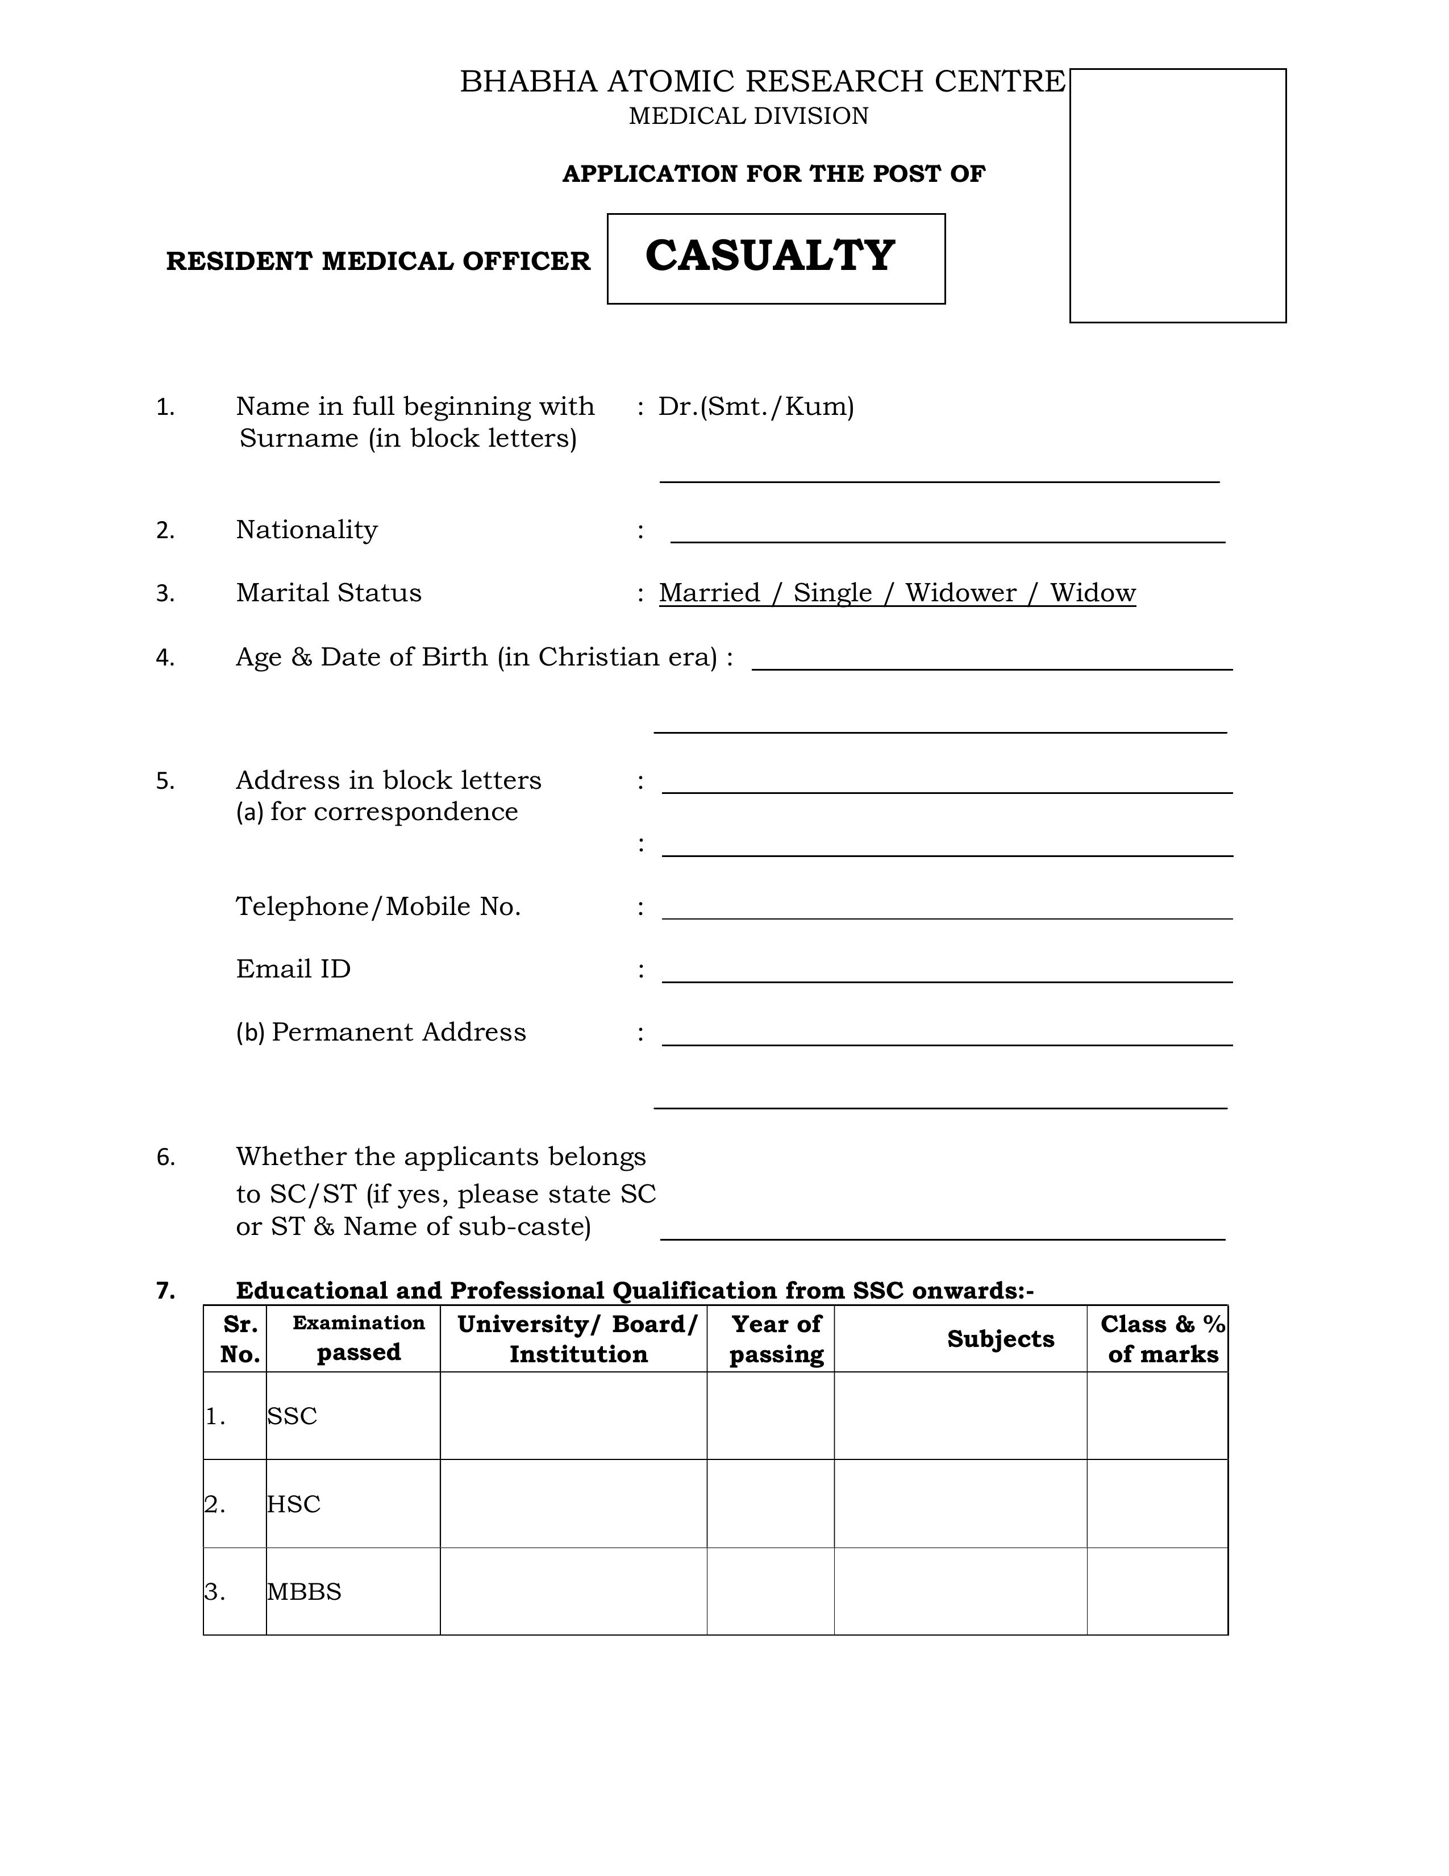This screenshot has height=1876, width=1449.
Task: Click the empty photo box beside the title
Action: (1177, 196)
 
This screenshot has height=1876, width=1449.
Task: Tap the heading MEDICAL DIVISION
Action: (748, 116)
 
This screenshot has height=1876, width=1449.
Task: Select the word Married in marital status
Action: (710, 593)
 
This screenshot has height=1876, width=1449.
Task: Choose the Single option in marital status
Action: (832, 593)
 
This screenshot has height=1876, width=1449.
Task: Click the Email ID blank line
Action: (947, 973)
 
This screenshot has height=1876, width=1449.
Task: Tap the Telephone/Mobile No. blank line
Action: (947, 910)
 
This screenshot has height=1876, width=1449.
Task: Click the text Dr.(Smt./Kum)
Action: (756, 406)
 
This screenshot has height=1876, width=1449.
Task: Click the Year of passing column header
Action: (776, 1339)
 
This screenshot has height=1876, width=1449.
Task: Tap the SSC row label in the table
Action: (292, 1416)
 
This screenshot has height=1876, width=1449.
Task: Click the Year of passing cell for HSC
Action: (771, 1503)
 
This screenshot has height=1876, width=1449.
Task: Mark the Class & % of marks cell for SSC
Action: (1156, 1416)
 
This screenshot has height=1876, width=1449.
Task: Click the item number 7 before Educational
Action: (166, 1290)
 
